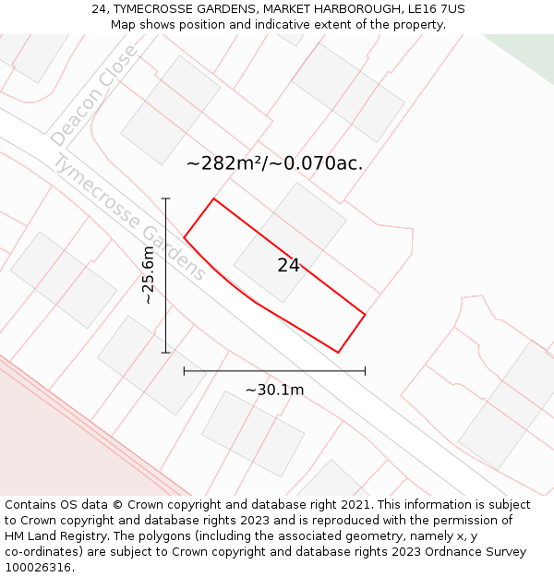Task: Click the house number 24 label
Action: pos(288,266)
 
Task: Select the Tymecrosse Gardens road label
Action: pos(129,217)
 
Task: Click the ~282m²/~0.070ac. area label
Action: pos(274,164)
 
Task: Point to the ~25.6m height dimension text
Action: pos(148,275)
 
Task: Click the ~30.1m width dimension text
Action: pos(274,390)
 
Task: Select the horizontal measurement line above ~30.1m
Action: pos(274,371)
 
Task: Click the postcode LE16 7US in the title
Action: pos(435,9)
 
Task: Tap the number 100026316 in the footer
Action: pos(37,568)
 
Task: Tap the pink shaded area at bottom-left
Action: pos(55,443)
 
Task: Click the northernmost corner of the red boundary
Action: pos(214,198)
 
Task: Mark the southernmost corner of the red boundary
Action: pos(338,353)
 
